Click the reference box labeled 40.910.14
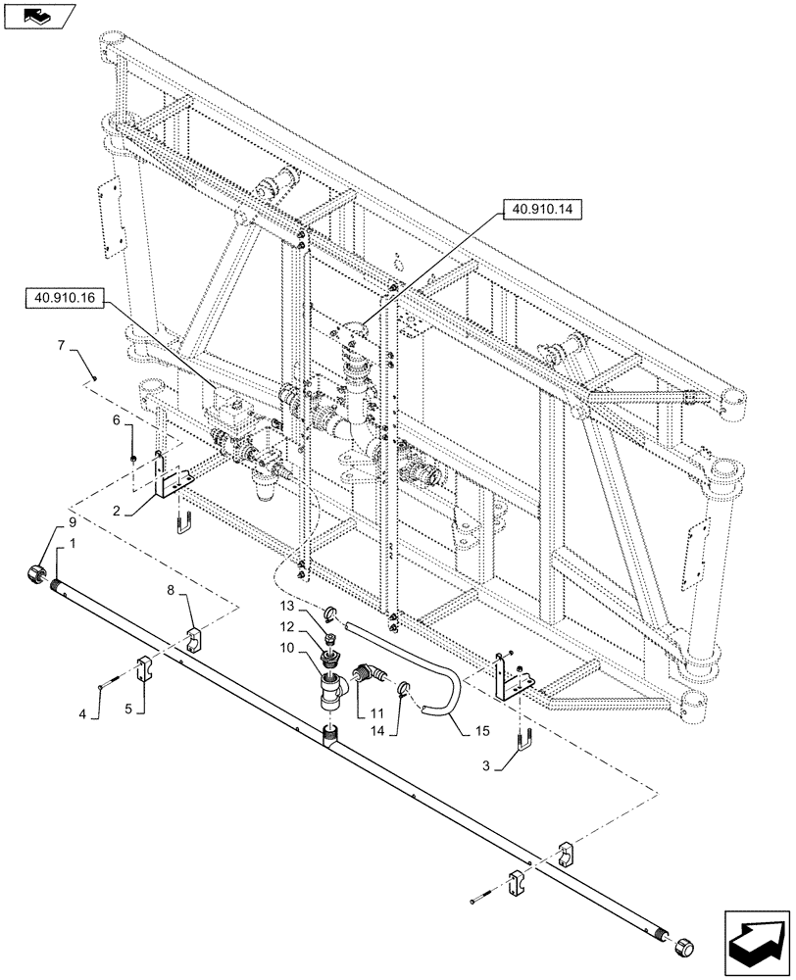[541, 208]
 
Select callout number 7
[61, 346]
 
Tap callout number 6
[118, 419]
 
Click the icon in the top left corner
[37, 15]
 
